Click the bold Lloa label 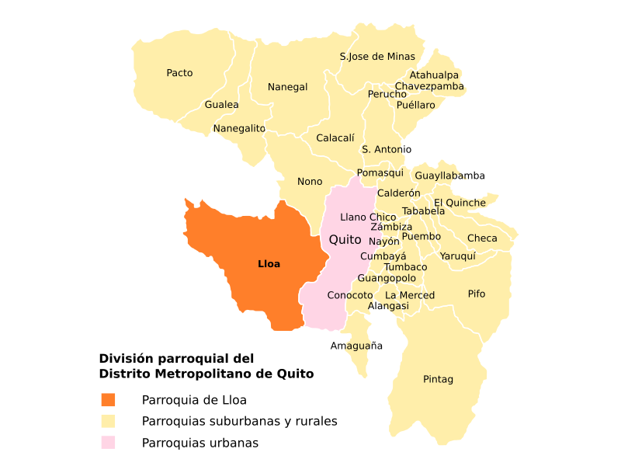pyautogui.click(x=269, y=264)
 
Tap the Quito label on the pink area pyautogui.click(x=345, y=240)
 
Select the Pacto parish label pyautogui.click(x=179, y=73)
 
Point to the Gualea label pyautogui.click(x=221, y=105)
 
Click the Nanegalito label pyautogui.click(x=239, y=128)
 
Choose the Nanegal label pyautogui.click(x=287, y=87)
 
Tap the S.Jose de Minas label pyautogui.click(x=377, y=57)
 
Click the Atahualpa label pyautogui.click(x=434, y=75)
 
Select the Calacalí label pyautogui.click(x=335, y=138)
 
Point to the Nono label pyautogui.click(x=310, y=182)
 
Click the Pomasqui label pyautogui.click(x=380, y=173)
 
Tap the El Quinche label pyautogui.click(x=460, y=203)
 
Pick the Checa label pyautogui.click(x=482, y=238)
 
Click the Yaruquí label pyautogui.click(x=457, y=256)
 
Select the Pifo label pyautogui.click(x=477, y=294)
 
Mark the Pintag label pyautogui.click(x=438, y=379)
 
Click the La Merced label pyautogui.click(x=410, y=295)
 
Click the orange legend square pyautogui.click(x=108, y=399)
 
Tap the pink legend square pyautogui.click(x=108, y=442)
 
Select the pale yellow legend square pyautogui.click(x=108, y=421)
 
